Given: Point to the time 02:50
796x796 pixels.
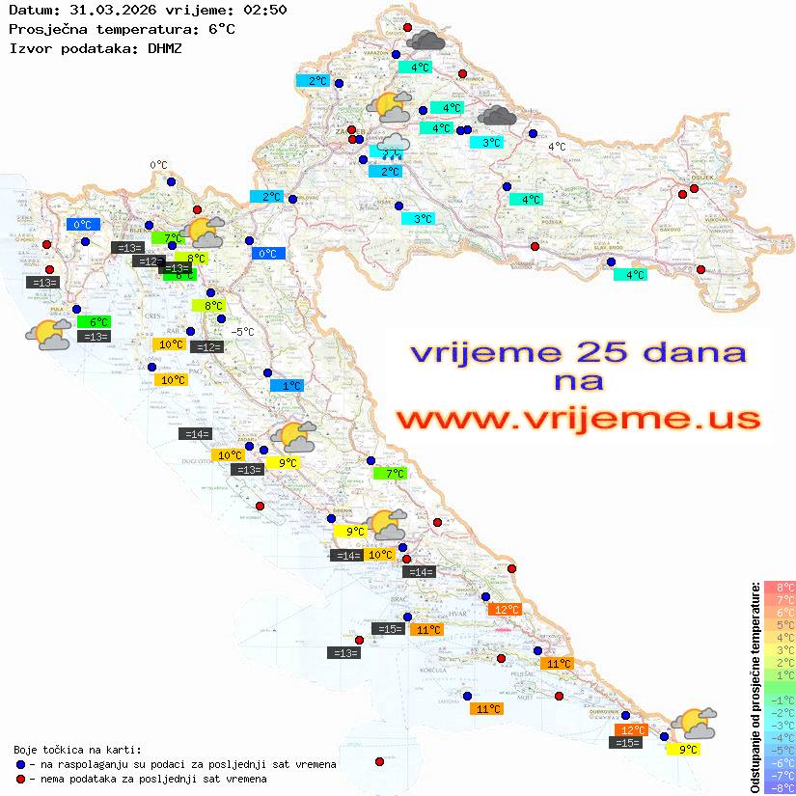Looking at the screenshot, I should (x=264, y=10).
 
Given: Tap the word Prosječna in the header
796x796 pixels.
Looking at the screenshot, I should (x=45, y=28).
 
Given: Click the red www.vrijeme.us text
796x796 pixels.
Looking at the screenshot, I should (x=578, y=418).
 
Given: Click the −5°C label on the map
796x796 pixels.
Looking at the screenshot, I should (x=242, y=332).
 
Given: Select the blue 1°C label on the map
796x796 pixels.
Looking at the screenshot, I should (x=287, y=385).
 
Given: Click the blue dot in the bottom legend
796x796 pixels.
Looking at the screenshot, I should (x=20, y=764).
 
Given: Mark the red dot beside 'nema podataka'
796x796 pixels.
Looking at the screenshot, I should (x=20, y=779).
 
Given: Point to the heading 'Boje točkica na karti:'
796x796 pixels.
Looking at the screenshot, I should (x=77, y=750).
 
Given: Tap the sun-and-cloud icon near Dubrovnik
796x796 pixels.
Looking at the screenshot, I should (x=695, y=723).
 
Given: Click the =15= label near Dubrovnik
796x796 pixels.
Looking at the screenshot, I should (x=627, y=743).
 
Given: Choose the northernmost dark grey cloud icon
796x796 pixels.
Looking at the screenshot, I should (x=425, y=41).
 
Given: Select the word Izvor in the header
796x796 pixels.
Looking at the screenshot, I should (x=29, y=46).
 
